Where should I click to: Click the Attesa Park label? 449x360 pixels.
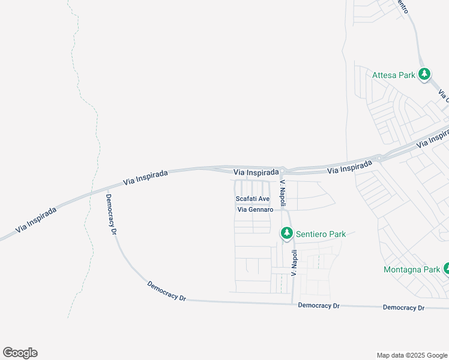[x=394, y=75]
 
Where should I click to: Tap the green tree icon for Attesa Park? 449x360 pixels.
[x=424, y=74]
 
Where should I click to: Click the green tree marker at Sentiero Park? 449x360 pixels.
[x=287, y=233]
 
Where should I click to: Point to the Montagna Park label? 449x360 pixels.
[x=412, y=269]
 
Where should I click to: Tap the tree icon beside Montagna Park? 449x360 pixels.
[x=446, y=268]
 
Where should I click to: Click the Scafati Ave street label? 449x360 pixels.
[x=252, y=199]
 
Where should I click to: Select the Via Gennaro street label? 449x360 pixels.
[x=256, y=210]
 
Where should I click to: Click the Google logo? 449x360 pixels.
[x=20, y=352]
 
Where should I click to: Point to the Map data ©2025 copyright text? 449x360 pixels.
[x=411, y=355]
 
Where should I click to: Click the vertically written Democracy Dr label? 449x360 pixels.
[x=111, y=214]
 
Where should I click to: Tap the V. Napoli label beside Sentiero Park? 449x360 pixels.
[x=294, y=263]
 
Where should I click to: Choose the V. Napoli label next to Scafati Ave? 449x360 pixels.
[x=283, y=191]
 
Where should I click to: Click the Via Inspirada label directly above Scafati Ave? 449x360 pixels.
[x=256, y=172]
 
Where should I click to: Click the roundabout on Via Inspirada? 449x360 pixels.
[x=379, y=158]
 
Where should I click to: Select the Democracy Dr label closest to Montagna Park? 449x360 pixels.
[x=404, y=307]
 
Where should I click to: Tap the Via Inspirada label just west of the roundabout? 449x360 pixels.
[x=350, y=167]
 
